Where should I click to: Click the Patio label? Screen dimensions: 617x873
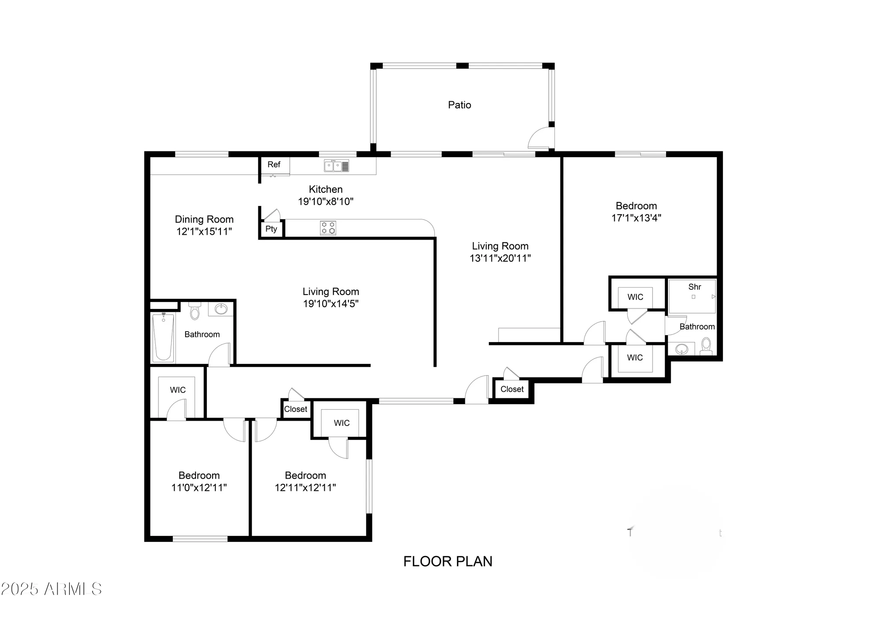pyautogui.click(x=459, y=105)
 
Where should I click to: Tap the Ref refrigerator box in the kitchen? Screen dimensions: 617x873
pyautogui.click(x=274, y=165)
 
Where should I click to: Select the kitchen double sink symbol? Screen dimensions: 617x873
pyautogui.click(x=336, y=166)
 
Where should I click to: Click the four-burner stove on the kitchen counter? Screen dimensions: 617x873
pyautogui.click(x=328, y=228)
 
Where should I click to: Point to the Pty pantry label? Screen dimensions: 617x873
pyautogui.click(x=271, y=229)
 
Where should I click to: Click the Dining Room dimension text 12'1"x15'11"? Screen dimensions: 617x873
pyautogui.click(x=204, y=232)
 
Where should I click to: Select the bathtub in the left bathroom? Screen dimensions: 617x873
pyautogui.click(x=163, y=337)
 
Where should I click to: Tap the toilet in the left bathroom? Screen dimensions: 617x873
pyautogui.click(x=195, y=311)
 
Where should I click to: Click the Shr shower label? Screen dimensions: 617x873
pyautogui.click(x=694, y=287)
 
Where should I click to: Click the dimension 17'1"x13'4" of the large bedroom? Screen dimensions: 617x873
pyautogui.click(x=636, y=218)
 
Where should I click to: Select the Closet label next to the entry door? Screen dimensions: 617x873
pyautogui.click(x=512, y=389)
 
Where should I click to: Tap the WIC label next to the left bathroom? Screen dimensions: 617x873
pyautogui.click(x=178, y=390)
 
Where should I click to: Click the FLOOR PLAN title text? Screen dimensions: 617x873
pyautogui.click(x=447, y=562)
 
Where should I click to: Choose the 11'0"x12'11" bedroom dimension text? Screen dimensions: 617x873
pyautogui.click(x=199, y=487)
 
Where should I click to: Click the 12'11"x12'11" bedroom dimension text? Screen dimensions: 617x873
pyautogui.click(x=305, y=487)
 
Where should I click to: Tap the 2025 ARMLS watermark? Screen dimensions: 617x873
pyautogui.click(x=51, y=590)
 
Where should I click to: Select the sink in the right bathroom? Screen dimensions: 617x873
pyautogui.click(x=681, y=349)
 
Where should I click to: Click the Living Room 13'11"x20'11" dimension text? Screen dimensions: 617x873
pyautogui.click(x=500, y=258)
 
